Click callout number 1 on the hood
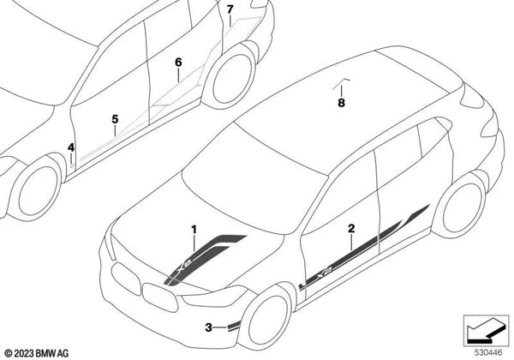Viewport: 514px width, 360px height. [x=194, y=229]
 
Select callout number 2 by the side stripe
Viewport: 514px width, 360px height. [x=351, y=229]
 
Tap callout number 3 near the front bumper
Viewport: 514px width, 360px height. [x=208, y=327]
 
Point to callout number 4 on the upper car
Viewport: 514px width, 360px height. [x=72, y=148]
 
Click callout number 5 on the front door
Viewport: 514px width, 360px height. [x=114, y=119]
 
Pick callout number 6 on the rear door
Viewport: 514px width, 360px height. [x=178, y=63]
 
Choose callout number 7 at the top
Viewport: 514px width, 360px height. [x=230, y=10]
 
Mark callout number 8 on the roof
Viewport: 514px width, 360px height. [x=341, y=104]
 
